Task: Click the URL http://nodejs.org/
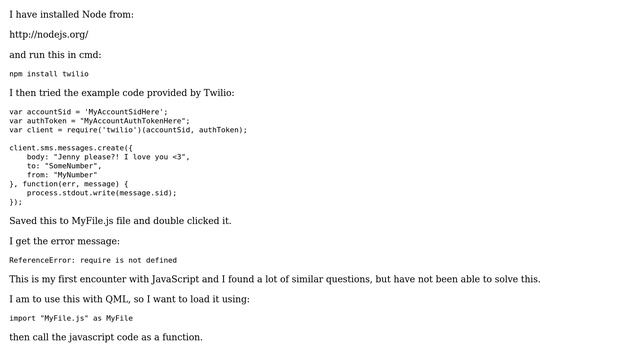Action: [x=49, y=34]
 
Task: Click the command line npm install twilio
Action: [x=49, y=74]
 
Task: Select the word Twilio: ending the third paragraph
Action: [x=216, y=93]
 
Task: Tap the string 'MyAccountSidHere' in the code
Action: [x=125, y=111]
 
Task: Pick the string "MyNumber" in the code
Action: [x=76, y=175]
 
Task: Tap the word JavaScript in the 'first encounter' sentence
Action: [x=176, y=279]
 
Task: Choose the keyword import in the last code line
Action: [x=22, y=318]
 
